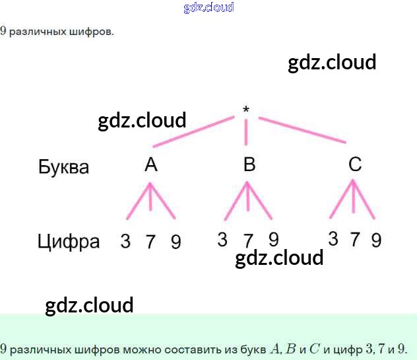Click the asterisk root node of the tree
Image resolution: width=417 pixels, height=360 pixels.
coord(246,109)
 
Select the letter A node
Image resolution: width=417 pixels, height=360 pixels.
coord(151,164)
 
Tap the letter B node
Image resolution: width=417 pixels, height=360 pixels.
coord(249,164)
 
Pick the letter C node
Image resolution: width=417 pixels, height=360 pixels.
coord(355,164)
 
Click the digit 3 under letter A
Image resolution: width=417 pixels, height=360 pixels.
coord(125,242)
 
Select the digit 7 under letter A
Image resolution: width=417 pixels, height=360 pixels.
coord(150,242)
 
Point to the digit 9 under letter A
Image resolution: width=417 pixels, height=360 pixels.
coord(176,242)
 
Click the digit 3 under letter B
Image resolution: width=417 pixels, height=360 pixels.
coord(222,239)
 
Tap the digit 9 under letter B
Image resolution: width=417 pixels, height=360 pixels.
coord(273,238)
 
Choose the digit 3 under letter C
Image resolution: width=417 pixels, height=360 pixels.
coord(333,239)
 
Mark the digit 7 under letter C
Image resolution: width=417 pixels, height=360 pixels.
coord(355,240)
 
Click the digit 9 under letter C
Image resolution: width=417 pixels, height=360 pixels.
coord(376,240)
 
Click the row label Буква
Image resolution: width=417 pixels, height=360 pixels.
coord(63,166)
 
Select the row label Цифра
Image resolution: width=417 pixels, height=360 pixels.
coord(68,242)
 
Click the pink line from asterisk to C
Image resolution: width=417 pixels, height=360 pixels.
coord(302,130)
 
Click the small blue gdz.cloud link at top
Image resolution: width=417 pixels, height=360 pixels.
coord(208,8)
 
